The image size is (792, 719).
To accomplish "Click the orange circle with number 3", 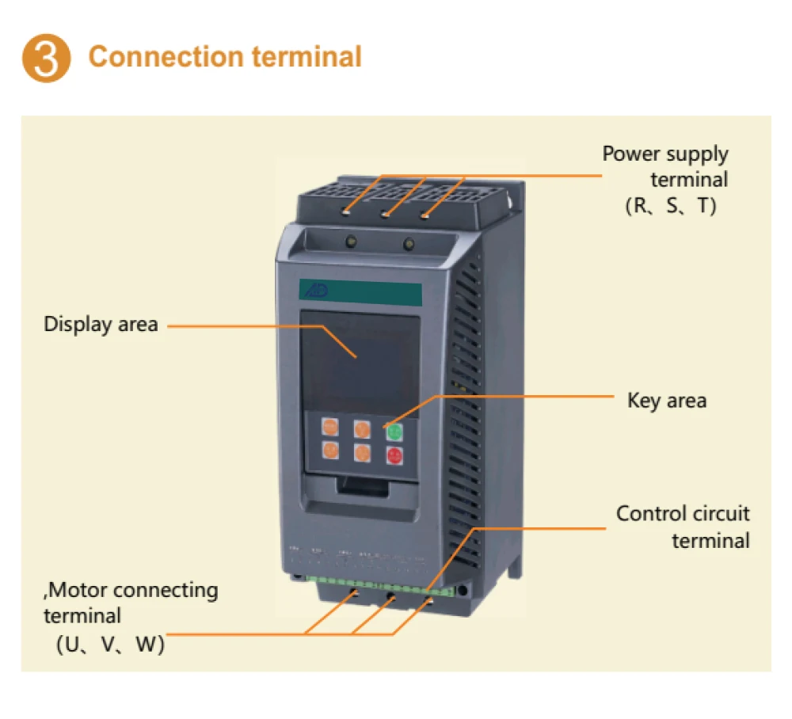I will [x=46, y=58].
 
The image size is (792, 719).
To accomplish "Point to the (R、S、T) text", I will [x=671, y=207].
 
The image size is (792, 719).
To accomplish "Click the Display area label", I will [x=101, y=324].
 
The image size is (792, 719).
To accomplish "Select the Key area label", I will [x=666, y=400].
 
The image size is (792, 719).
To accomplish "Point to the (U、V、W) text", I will [x=110, y=645].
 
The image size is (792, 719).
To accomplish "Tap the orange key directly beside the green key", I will [x=362, y=430].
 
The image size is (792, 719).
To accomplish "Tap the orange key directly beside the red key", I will [x=362, y=454].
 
